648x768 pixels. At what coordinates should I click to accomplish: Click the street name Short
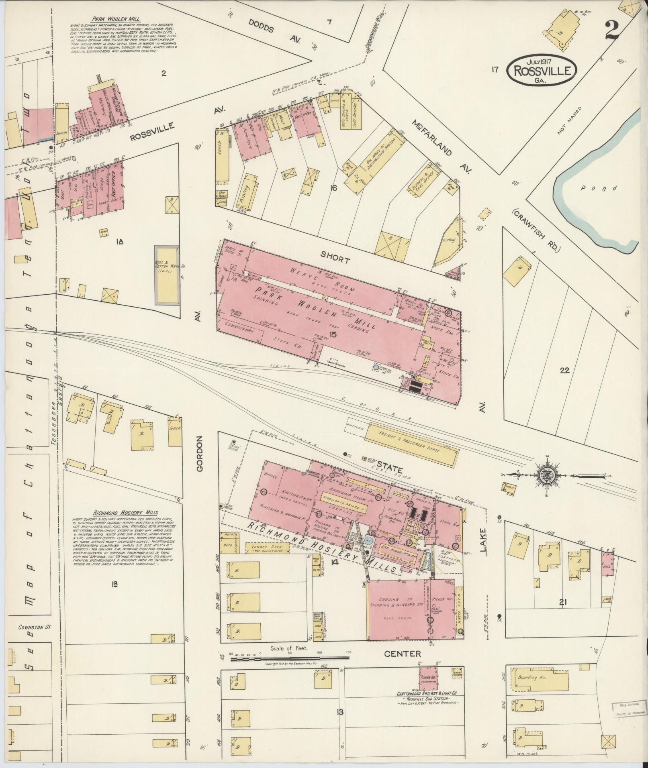[x=335, y=259]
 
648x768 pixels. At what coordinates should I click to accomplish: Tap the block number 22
[x=564, y=371]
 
